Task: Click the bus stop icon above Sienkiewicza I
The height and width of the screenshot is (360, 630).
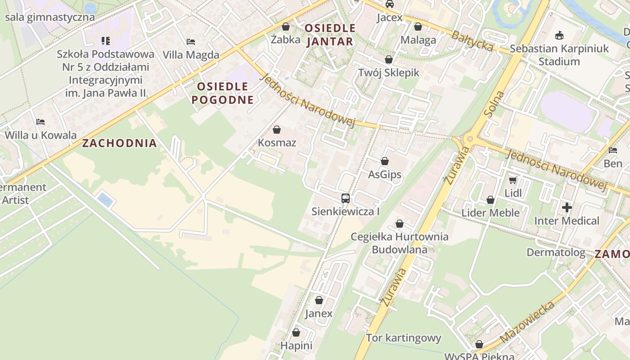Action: coord(345,198)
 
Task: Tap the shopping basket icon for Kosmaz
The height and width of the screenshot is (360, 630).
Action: coord(277,130)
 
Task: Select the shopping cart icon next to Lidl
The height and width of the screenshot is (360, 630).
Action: coord(512,180)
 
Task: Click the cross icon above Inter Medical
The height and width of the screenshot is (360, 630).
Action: coord(567,207)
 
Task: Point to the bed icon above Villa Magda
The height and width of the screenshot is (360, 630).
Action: coord(191,42)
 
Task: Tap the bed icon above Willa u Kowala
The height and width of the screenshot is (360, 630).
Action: coord(40,122)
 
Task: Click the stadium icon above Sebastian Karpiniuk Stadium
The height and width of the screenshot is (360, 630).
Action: coord(559,35)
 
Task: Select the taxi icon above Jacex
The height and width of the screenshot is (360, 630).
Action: coord(390,4)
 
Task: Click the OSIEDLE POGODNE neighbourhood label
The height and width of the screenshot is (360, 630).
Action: coord(222,93)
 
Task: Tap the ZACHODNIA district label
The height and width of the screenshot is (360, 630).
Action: coord(120,144)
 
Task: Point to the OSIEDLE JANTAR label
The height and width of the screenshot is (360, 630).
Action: coord(330,35)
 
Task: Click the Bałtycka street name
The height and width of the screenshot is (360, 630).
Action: coord(472,41)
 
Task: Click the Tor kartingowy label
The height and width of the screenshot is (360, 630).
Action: coord(403,338)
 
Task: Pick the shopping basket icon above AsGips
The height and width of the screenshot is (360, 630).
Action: coord(385,161)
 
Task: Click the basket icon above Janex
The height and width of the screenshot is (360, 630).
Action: coord(319,300)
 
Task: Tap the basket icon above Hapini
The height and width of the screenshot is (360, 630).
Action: coord(296,333)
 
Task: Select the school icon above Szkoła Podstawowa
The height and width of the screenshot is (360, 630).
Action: coord(106,41)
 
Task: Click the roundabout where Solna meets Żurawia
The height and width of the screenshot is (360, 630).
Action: coord(470,139)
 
